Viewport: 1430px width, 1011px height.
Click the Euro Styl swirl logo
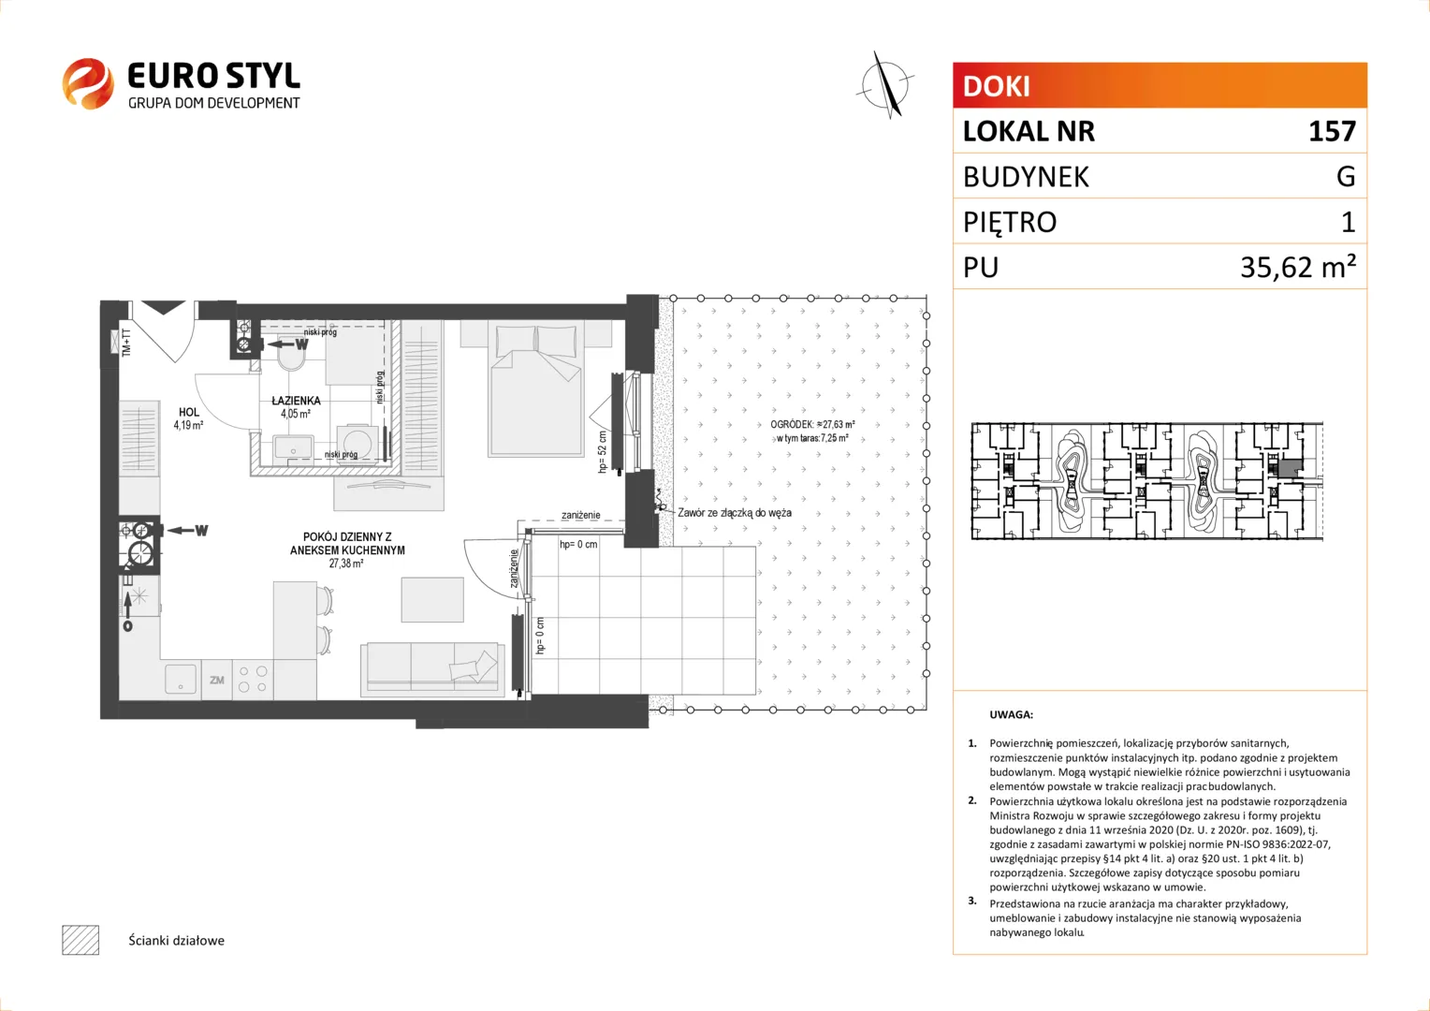pyautogui.click(x=88, y=83)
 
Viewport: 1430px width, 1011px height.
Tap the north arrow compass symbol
pyautogui.click(x=886, y=85)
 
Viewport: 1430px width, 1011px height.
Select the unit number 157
pyautogui.click(x=1332, y=131)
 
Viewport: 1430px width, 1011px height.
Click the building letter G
pyautogui.click(x=1346, y=176)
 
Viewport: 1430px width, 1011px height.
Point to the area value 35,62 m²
pyautogui.click(x=1298, y=266)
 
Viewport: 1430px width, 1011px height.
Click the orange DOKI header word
pyautogui.click(x=996, y=86)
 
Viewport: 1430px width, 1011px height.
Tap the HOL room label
pyautogui.click(x=189, y=413)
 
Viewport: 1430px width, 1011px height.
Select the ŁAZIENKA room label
pyautogui.click(x=297, y=401)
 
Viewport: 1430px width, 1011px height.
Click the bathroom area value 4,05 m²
pyautogui.click(x=296, y=414)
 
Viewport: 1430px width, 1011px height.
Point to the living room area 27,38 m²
pyautogui.click(x=346, y=564)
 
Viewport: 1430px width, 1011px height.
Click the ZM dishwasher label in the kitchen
pyautogui.click(x=217, y=681)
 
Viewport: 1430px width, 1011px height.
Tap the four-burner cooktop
pyautogui.click(x=253, y=680)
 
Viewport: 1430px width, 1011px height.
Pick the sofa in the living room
pyautogui.click(x=432, y=669)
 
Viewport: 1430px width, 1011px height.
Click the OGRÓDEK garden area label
pyautogui.click(x=812, y=432)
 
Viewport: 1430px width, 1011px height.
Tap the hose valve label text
pyautogui.click(x=734, y=512)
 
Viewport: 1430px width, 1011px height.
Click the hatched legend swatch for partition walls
pyautogui.click(x=80, y=940)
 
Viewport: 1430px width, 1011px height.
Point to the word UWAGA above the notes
pyautogui.click(x=1012, y=714)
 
